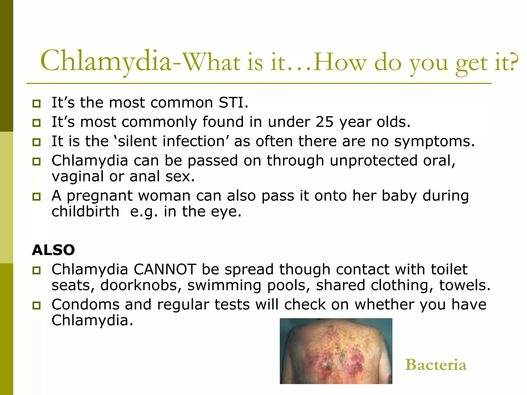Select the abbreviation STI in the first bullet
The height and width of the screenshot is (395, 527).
(x=231, y=103)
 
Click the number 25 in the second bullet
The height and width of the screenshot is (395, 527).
(x=324, y=122)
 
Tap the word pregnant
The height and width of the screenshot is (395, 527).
(x=100, y=196)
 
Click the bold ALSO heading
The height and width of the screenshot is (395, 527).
(x=53, y=250)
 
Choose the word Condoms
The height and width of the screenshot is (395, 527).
(x=85, y=305)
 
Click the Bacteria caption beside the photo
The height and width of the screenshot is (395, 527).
(x=436, y=365)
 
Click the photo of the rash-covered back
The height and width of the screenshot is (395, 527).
(x=336, y=351)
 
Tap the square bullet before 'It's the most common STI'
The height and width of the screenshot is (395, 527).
(x=37, y=104)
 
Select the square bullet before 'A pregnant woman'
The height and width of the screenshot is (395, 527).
(x=37, y=197)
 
